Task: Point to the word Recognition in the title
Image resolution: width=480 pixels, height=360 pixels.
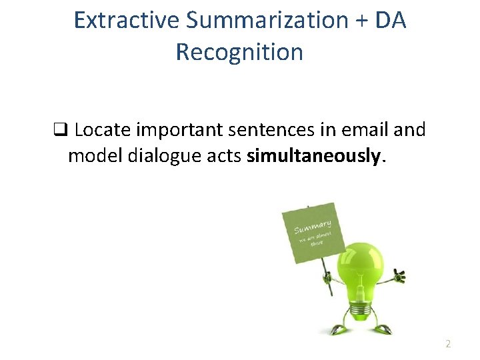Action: (x=239, y=52)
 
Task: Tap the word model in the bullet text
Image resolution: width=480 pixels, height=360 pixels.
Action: (x=90, y=156)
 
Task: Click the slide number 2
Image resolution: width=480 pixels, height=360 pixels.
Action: (x=448, y=344)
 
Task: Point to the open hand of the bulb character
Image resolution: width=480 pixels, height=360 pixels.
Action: (x=399, y=274)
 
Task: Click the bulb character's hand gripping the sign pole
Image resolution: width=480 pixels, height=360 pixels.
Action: (x=327, y=273)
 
